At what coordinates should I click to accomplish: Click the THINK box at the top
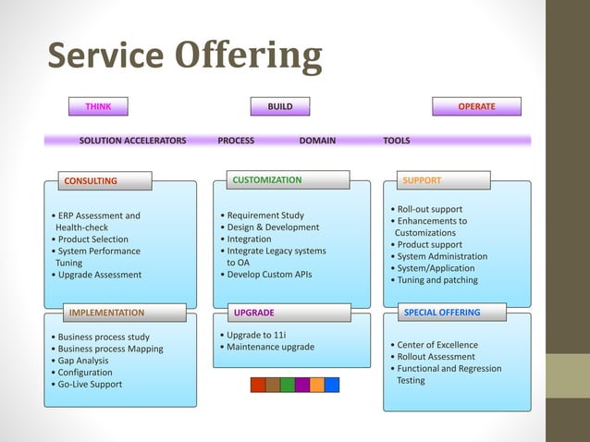click(99, 107)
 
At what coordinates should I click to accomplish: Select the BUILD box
click(280, 107)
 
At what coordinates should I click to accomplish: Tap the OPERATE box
click(476, 107)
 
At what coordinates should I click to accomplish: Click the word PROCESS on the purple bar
click(236, 141)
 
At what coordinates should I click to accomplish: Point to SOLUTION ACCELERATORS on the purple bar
click(132, 141)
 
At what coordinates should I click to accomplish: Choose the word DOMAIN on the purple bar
click(317, 141)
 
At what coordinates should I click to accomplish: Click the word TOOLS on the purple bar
click(397, 141)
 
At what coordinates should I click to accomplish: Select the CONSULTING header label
click(91, 180)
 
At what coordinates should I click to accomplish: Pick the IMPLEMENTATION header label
click(107, 313)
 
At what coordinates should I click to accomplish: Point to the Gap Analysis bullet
click(82, 361)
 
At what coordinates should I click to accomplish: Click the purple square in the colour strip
click(302, 385)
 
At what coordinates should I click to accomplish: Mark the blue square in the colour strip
click(332, 385)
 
